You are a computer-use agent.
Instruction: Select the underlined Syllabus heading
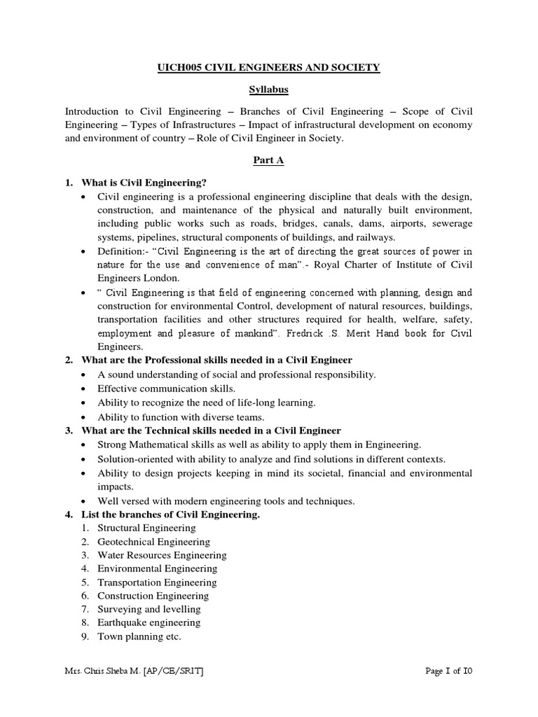pyautogui.click(x=269, y=90)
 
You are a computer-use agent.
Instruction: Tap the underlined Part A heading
pyautogui.click(x=269, y=160)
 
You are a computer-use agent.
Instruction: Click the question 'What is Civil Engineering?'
pyautogui.click(x=144, y=182)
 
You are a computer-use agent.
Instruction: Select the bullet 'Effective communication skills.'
pyautogui.click(x=166, y=388)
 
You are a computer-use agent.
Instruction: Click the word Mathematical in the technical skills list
pyautogui.click(x=160, y=444)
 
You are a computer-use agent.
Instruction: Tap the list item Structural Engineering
pyautogui.click(x=146, y=528)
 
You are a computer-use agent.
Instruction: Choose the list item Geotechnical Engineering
pyautogui.click(x=153, y=541)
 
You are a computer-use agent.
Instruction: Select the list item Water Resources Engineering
pyautogui.click(x=162, y=555)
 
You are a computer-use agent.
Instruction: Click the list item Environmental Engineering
pyautogui.click(x=158, y=569)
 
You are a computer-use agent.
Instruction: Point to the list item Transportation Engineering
pyautogui.click(x=157, y=582)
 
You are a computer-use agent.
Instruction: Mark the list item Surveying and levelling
pyautogui.click(x=149, y=609)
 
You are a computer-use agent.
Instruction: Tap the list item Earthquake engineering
pyautogui.click(x=149, y=622)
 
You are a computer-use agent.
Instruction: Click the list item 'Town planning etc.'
pyautogui.click(x=139, y=636)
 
